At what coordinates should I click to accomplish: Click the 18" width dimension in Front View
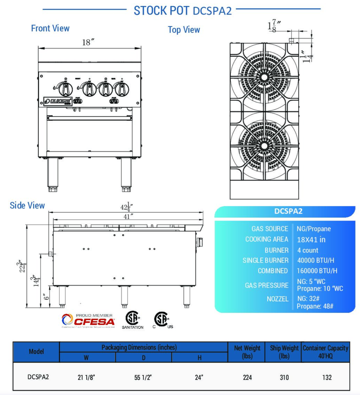(x=88, y=42)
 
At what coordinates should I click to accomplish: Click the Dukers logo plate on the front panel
(x=58, y=101)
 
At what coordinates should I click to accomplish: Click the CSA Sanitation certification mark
(x=132, y=320)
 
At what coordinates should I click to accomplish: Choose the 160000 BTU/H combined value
(x=317, y=271)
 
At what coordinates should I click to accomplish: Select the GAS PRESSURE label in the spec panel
(x=266, y=285)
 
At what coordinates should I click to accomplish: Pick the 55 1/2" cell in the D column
(x=144, y=377)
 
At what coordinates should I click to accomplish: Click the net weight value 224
(x=247, y=377)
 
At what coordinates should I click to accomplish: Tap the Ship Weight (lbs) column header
(x=284, y=352)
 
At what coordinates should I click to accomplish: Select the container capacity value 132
(x=327, y=377)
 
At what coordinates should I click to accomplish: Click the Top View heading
(x=184, y=30)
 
